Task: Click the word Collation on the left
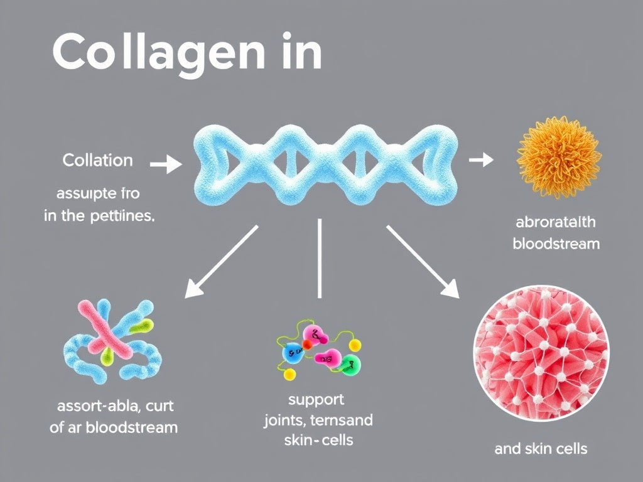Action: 97,160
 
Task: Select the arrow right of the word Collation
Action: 166,165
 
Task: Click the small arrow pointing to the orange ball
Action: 481,160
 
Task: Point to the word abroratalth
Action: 556,222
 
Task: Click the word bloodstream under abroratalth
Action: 556,243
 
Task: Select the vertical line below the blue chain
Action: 320,257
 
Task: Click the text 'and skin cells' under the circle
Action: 540,448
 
